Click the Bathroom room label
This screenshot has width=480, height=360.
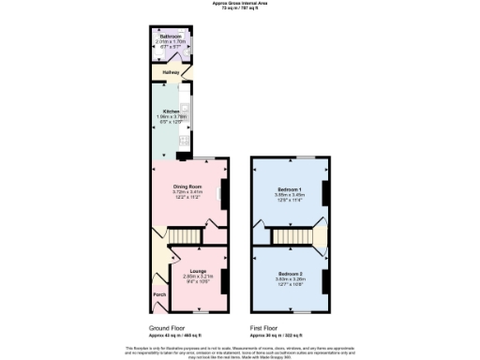click(170, 37)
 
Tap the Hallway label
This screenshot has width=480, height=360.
click(172, 71)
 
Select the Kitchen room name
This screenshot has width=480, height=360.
click(171, 112)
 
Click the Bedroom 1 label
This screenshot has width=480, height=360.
click(289, 188)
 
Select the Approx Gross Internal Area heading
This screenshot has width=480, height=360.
click(240, 4)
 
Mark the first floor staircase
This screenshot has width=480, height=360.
click(289, 236)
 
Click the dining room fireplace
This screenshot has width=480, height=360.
click(222, 195)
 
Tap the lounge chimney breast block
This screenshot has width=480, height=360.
click(222, 279)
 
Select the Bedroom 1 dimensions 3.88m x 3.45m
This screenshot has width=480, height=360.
click(289, 195)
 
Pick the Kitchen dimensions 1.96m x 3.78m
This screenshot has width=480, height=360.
click(171, 117)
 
